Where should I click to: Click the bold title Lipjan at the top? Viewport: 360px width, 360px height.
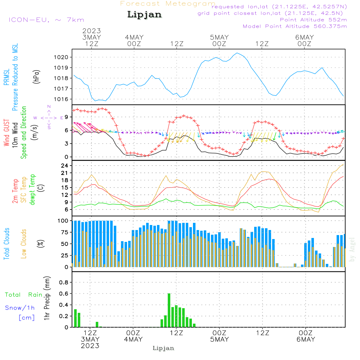click(x=144, y=14)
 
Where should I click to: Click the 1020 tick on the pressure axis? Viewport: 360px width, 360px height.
click(x=61, y=57)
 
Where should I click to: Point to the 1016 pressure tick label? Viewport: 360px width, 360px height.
click(x=61, y=99)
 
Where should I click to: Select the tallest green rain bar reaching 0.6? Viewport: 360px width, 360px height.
click(x=169, y=310)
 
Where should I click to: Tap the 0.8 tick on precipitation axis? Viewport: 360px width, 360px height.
click(x=64, y=282)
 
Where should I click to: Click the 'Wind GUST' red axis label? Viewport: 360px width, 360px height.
click(x=6, y=132)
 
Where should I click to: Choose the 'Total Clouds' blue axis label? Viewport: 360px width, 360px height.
click(x=6, y=244)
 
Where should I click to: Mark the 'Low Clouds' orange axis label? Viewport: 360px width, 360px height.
click(x=24, y=244)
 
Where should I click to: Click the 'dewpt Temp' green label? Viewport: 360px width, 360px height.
click(x=32, y=189)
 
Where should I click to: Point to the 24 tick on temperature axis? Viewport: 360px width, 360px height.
click(x=64, y=166)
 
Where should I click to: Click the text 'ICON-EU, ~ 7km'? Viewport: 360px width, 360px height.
click(x=46, y=20)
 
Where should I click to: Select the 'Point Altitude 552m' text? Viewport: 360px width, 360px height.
click(x=313, y=20)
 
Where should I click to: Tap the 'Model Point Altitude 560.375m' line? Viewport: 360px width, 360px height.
click(x=295, y=26)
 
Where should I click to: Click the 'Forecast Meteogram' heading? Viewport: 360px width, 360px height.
click(x=168, y=4)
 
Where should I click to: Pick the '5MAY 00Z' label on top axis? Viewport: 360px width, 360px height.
click(x=219, y=40)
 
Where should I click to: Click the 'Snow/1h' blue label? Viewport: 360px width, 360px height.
click(x=20, y=308)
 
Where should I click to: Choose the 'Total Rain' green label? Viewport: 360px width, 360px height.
click(x=24, y=294)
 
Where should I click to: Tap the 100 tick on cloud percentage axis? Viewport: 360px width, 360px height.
click(x=63, y=221)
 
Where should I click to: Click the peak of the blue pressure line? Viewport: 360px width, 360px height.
click(x=237, y=53)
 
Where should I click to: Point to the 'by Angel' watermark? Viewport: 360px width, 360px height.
click(x=352, y=249)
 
